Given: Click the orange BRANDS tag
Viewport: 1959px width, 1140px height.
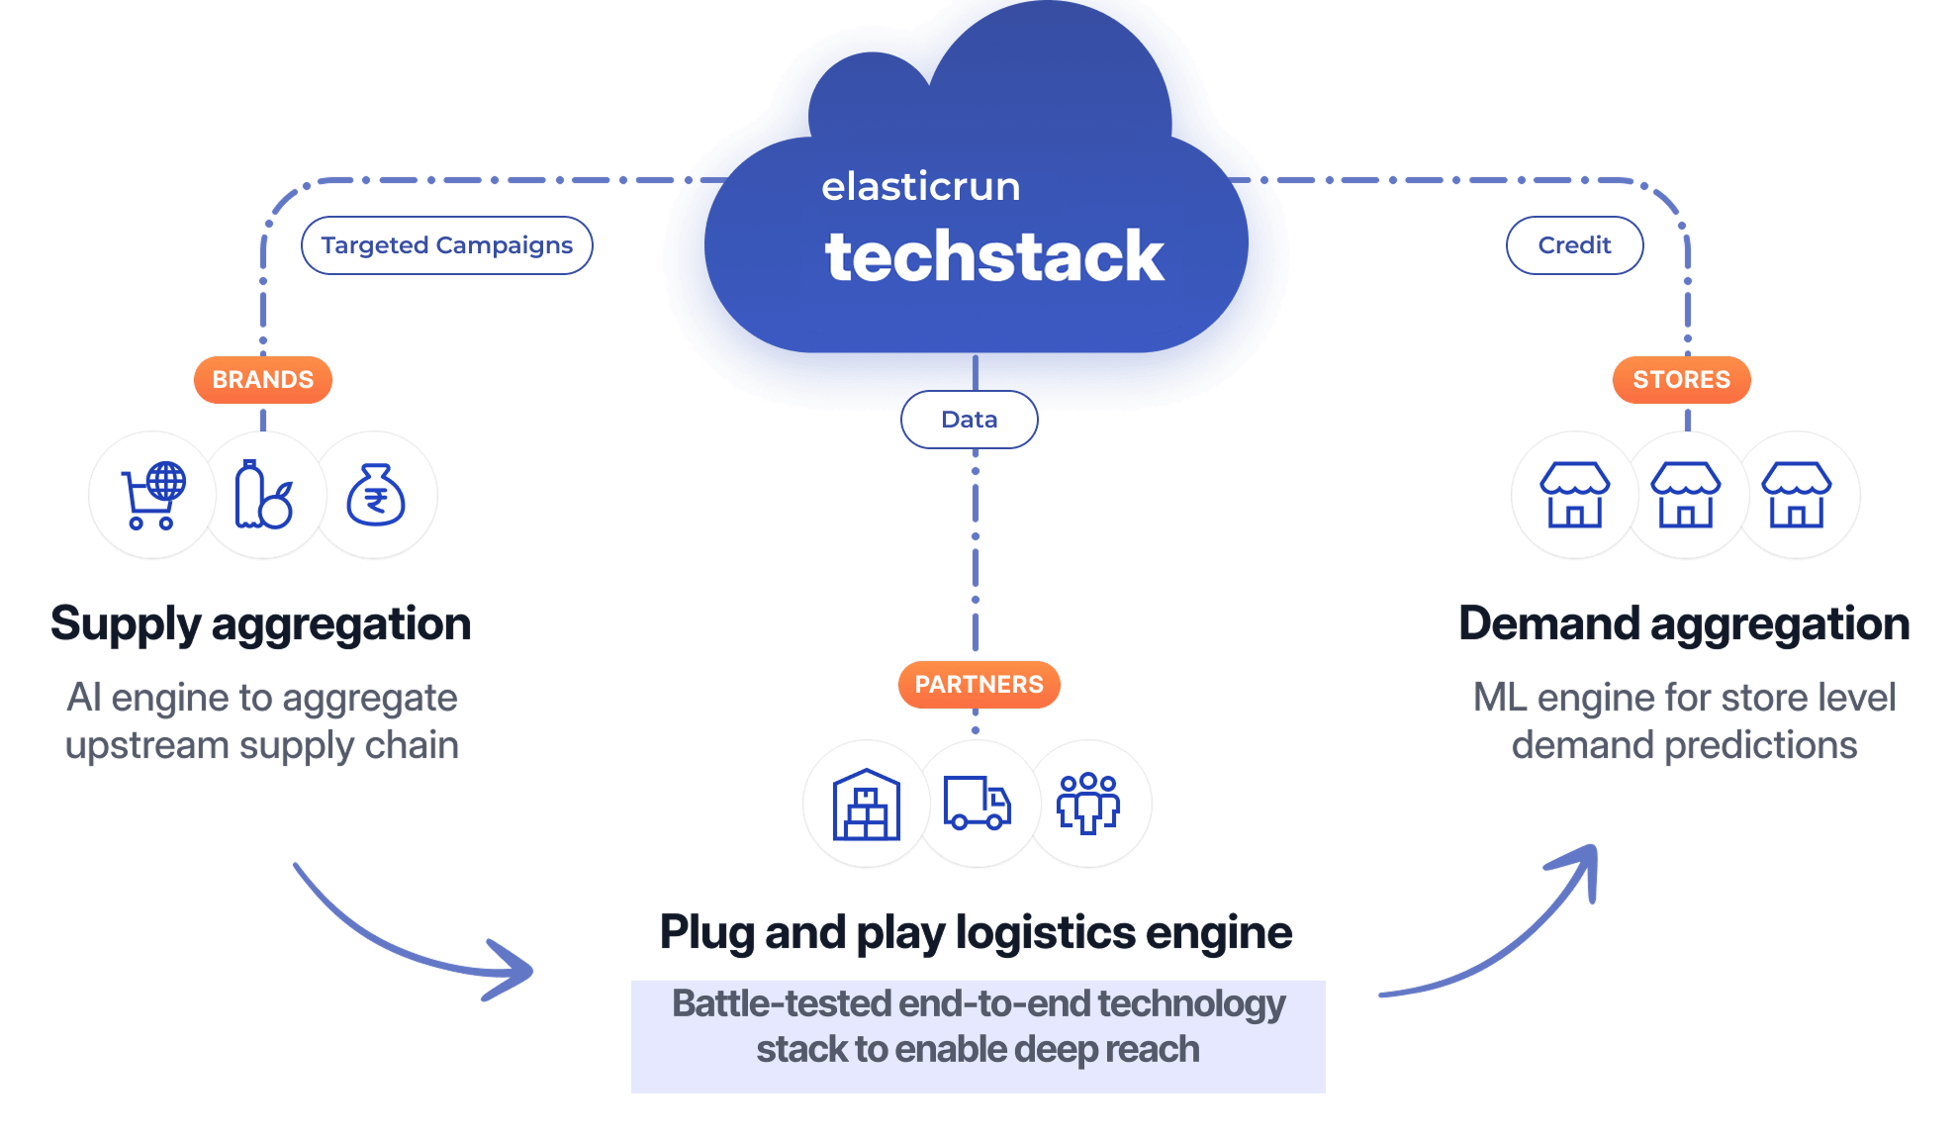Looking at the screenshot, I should point(262,380).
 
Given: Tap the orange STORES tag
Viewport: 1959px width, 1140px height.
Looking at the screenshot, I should point(1681,380).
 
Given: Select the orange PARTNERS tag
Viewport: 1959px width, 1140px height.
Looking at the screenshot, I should point(979,685).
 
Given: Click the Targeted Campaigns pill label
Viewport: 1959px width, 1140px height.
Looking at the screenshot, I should point(446,245).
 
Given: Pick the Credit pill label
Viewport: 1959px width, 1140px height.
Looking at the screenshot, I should point(1574,245).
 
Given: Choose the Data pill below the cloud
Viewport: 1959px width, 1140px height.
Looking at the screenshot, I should point(970,420).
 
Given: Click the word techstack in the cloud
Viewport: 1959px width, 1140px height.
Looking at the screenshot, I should point(994,257).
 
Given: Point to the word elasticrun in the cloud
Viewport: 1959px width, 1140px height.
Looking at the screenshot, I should point(920,187).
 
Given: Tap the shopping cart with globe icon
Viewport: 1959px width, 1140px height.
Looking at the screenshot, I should point(152,495).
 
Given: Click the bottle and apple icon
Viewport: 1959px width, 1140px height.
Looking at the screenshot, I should point(263,495).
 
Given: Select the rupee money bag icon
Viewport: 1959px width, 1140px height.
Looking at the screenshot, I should point(376,495).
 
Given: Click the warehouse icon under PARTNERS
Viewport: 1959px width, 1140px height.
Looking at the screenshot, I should point(867,805).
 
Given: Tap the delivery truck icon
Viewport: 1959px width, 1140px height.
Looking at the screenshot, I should point(978,803).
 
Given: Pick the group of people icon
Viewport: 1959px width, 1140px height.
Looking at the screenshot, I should point(1088,803).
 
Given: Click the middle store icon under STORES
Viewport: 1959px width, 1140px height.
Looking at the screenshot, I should point(1686,495).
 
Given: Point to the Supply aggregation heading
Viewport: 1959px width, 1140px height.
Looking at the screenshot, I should point(260,624).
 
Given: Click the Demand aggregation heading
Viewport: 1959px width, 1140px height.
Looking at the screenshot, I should point(1684,624).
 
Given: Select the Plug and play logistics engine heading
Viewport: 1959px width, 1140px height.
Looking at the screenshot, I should point(977,933).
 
